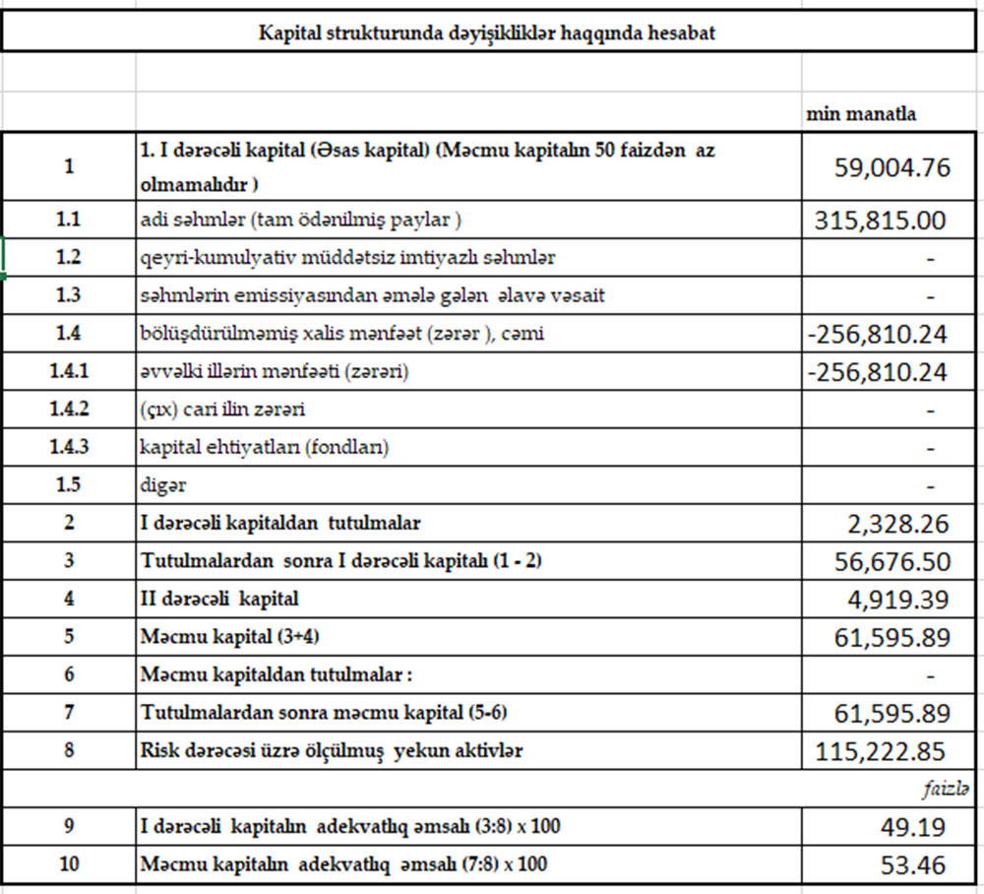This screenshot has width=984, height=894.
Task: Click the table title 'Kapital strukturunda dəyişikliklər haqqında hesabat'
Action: [486, 32]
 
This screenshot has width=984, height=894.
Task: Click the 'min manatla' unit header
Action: [860, 113]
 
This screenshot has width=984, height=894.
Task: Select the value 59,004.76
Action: [892, 167]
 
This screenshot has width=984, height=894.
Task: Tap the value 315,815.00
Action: [881, 221]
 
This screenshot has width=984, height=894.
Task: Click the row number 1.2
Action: [68, 258]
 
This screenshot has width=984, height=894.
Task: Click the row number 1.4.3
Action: [68, 447]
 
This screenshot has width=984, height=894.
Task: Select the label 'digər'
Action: [163, 485]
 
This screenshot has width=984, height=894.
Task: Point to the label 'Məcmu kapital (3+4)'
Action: [230, 637]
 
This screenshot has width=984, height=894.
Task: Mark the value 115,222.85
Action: [881, 752]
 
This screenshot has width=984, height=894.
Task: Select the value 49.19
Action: [914, 827]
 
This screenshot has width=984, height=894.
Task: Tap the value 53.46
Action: [914, 865]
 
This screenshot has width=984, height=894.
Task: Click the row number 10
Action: [68, 864]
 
